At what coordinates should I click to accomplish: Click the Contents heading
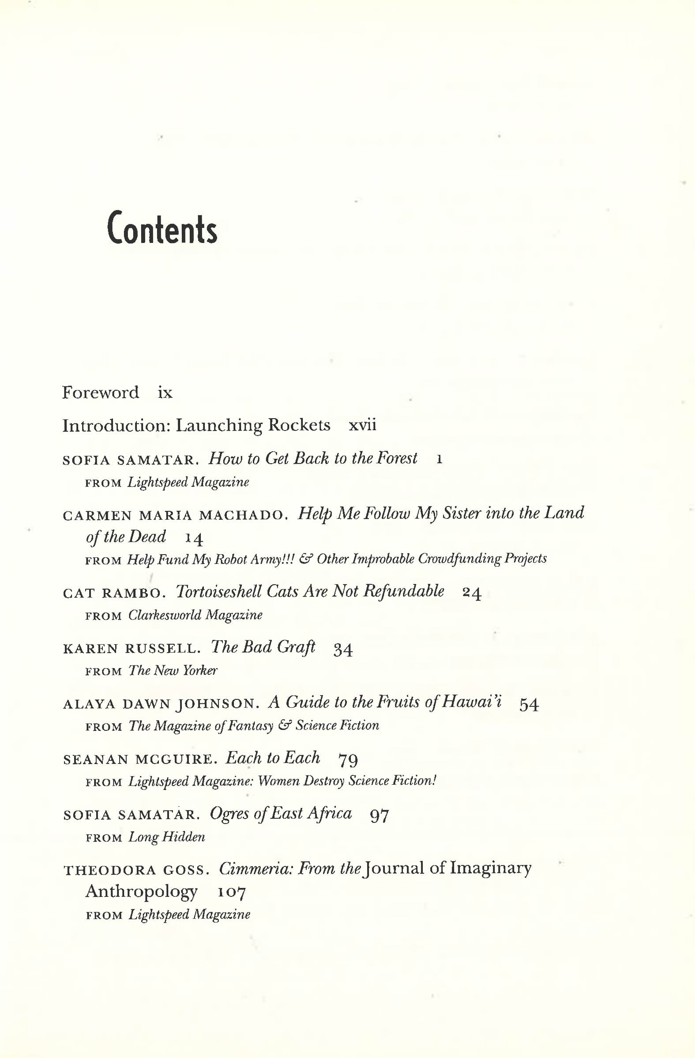click(162, 230)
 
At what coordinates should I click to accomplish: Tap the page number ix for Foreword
click(165, 393)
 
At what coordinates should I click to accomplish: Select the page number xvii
click(362, 425)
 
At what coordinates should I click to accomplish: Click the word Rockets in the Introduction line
click(299, 425)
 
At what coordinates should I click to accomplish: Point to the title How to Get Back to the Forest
click(313, 458)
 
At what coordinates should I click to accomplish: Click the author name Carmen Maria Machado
click(173, 515)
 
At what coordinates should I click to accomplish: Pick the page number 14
click(194, 539)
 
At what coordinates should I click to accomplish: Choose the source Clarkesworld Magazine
click(195, 615)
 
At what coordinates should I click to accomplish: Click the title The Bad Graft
click(263, 647)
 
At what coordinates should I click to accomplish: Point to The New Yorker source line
click(173, 671)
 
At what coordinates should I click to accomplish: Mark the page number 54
click(529, 705)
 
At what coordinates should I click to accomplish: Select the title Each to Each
click(272, 758)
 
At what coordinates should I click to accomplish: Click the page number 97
click(379, 815)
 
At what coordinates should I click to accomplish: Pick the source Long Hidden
click(167, 838)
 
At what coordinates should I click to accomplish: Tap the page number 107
click(232, 892)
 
